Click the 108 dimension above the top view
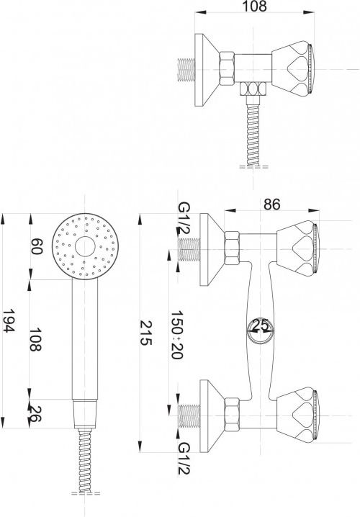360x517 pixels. pos(254,6)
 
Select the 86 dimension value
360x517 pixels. pos(271,204)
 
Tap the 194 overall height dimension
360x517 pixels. pos(9,321)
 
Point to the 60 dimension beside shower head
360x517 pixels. pos(37,247)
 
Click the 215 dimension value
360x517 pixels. pos(145,333)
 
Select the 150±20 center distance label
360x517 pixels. pos(176,334)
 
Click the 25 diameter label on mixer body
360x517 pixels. pos(261,325)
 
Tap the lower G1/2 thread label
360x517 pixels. pos(184,458)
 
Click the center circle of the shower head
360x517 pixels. pos(85,246)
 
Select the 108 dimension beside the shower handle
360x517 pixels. pos(36,340)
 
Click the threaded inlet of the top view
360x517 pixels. pos(186,70)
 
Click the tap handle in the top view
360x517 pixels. pos(292,70)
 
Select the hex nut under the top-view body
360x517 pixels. pos(253,89)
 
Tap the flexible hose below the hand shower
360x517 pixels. pos(85,460)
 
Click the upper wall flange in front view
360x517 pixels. pos(212,249)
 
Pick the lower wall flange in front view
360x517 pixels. pos(212,416)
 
